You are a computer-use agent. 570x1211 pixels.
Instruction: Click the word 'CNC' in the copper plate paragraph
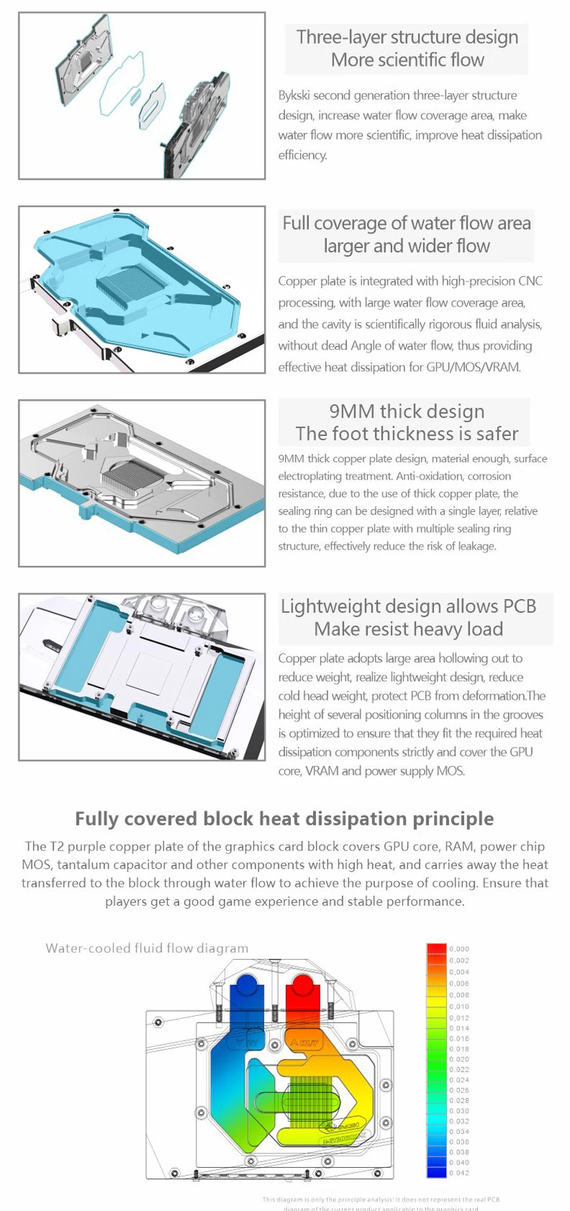click(531, 281)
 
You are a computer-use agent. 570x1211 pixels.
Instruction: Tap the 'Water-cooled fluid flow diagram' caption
click(147, 949)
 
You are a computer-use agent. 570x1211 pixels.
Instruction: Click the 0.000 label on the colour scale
click(459, 949)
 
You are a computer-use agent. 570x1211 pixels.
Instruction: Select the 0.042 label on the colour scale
click(459, 1173)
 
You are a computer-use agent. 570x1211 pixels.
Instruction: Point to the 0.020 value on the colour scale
click(459, 1059)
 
